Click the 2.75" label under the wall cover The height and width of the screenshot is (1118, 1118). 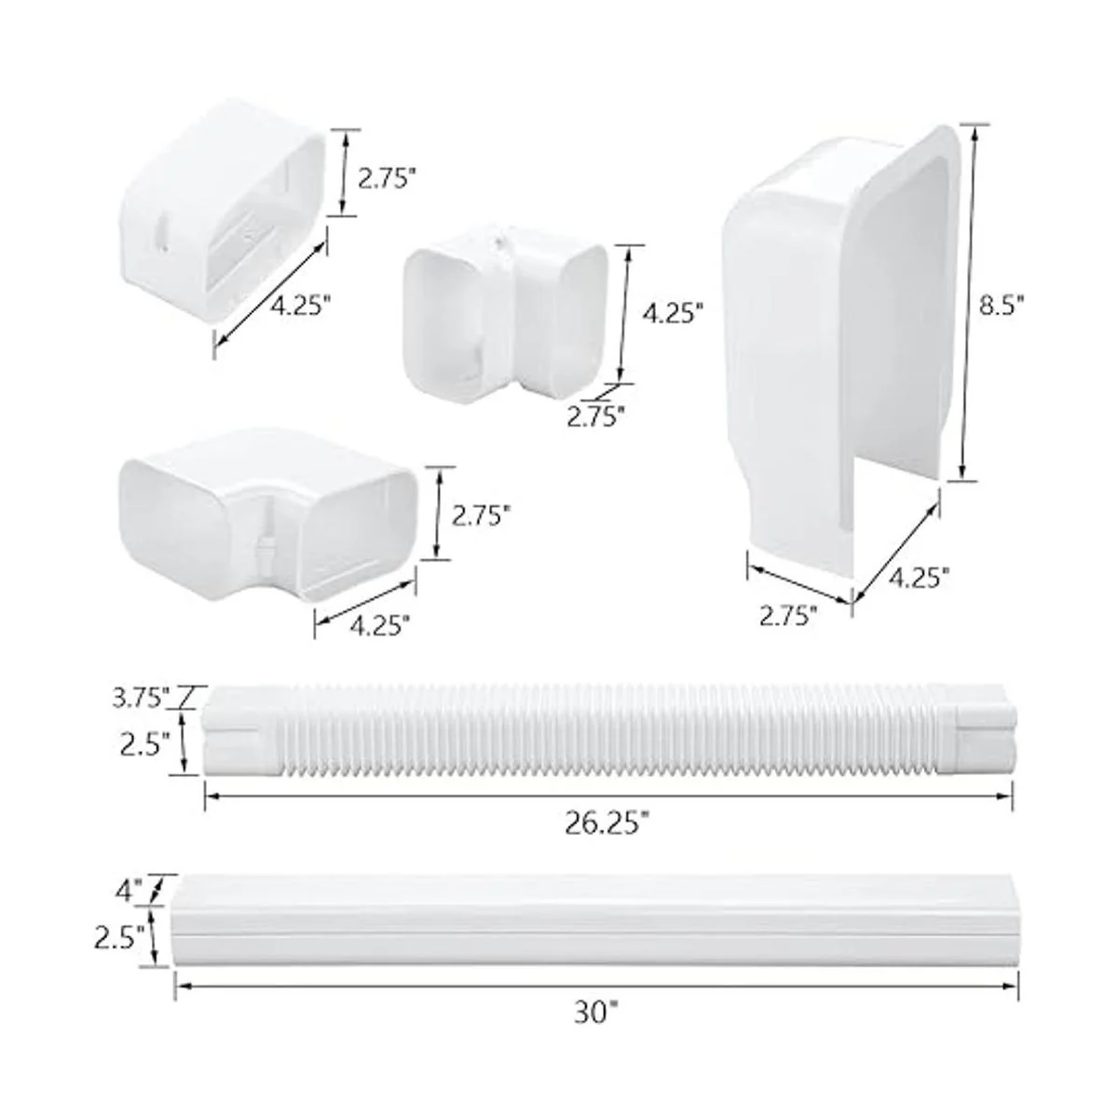[x=788, y=616]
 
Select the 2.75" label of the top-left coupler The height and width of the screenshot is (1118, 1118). [x=388, y=179]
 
